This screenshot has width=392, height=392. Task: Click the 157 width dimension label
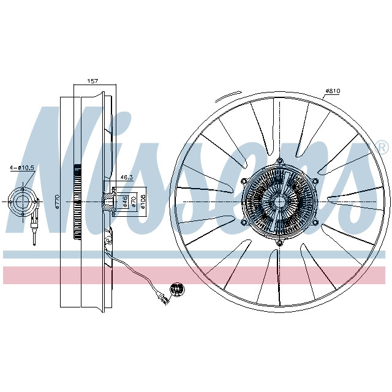point(93,81)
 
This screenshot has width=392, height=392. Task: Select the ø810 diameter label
point(333,91)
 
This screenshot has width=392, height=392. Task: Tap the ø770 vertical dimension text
point(56,203)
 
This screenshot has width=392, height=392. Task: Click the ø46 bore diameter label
point(125,202)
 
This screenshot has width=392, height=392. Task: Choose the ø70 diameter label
point(134,202)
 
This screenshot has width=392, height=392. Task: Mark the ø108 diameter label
point(143,202)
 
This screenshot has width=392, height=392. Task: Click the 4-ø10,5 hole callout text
point(22,167)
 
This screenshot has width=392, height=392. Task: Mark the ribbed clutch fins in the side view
point(77,184)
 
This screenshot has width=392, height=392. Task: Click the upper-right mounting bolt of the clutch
point(315,181)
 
